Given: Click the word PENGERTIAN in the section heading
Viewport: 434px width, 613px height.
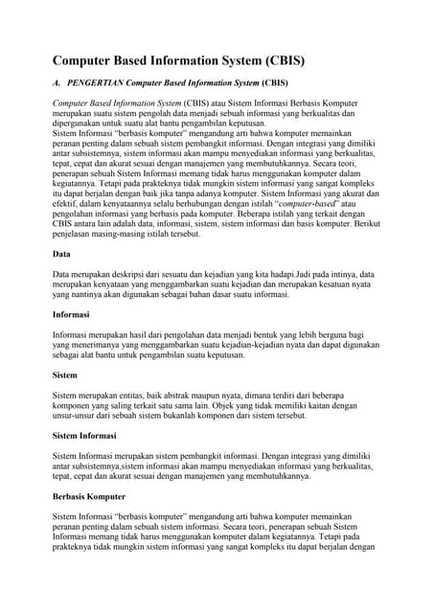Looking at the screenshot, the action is click(104, 83).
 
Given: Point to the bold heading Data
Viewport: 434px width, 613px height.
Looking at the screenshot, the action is click(60, 256).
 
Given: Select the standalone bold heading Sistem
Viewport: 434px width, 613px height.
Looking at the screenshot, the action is click(65, 375).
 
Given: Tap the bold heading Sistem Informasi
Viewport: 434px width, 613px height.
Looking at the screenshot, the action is click(84, 436).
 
